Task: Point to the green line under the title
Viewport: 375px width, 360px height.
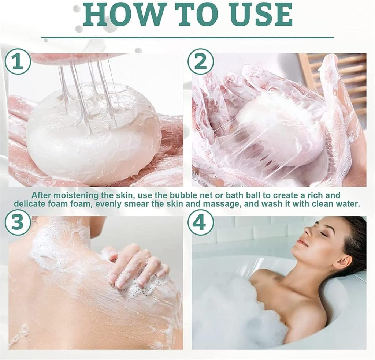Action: tap(187, 38)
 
